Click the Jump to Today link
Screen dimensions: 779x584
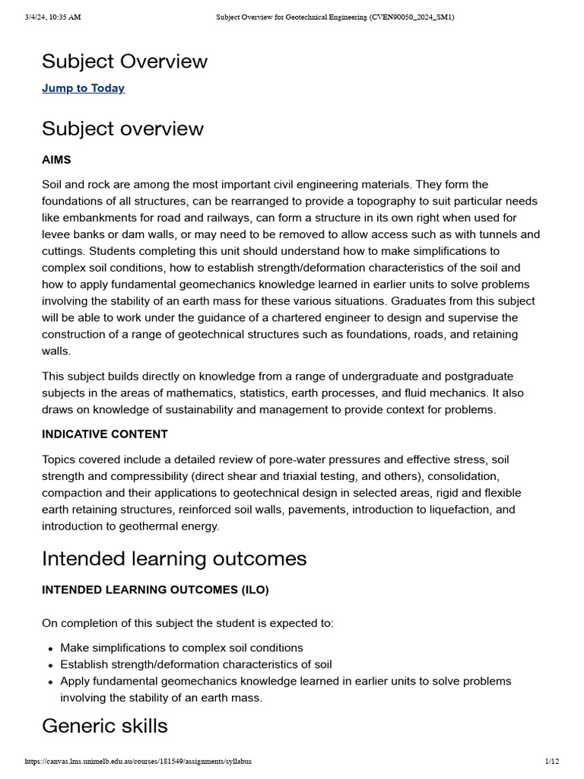pyautogui.click(x=83, y=88)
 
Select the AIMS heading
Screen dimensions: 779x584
pyautogui.click(x=56, y=160)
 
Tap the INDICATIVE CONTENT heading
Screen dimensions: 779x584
pyautogui.click(x=105, y=434)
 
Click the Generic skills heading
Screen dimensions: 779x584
pyautogui.click(x=105, y=726)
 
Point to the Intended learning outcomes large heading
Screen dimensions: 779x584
pyautogui.click(x=174, y=559)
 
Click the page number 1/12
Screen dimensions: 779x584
pyautogui.click(x=552, y=761)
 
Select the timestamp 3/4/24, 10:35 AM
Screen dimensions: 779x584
pyautogui.click(x=52, y=17)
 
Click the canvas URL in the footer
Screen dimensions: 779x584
pyautogui.click(x=138, y=761)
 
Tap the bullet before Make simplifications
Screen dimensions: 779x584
pyautogui.click(x=50, y=648)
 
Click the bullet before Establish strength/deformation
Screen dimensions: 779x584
pyautogui.click(x=50, y=665)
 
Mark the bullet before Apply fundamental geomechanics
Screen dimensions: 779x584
pyautogui.click(x=50, y=682)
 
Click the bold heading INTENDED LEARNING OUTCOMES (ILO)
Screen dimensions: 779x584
pyautogui.click(x=155, y=590)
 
